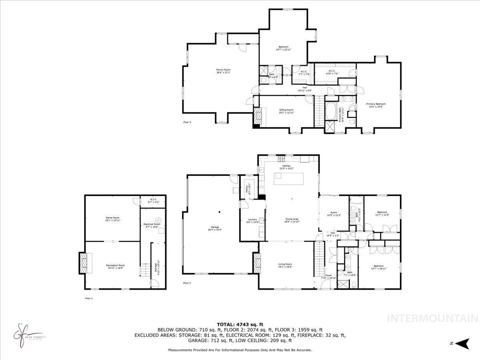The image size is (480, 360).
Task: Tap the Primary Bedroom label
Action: click(376, 105)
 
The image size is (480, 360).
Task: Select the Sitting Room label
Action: click(286, 111)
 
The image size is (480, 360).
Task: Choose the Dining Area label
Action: click(292, 220)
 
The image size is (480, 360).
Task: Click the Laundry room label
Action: click(252, 220)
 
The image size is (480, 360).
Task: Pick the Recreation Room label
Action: click(116, 267)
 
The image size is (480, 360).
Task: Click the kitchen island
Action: click(289, 178)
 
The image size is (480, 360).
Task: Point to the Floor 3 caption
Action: click(187, 122)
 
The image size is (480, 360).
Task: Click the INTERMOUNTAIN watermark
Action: click(433, 318)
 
